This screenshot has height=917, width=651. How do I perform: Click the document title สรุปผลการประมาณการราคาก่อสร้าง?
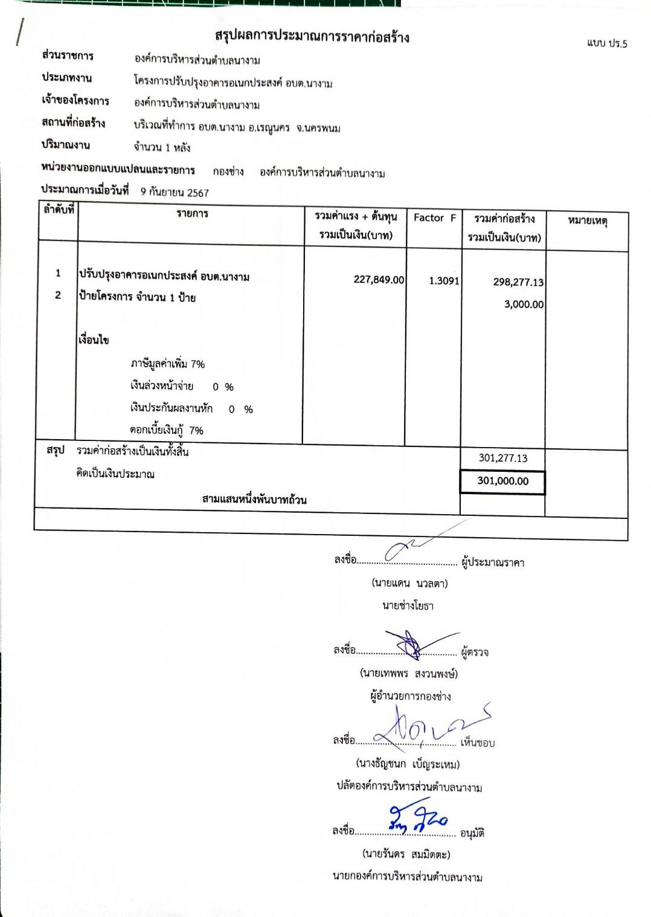click(312, 37)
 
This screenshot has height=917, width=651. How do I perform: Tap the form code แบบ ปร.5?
click(606, 43)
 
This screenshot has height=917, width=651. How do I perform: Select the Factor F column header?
click(434, 218)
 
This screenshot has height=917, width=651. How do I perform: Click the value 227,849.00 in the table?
click(379, 280)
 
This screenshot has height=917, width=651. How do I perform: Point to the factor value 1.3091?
click(444, 280)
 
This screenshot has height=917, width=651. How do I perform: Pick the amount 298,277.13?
click(518, 282)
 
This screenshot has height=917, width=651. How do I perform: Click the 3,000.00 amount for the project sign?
click(524, 304)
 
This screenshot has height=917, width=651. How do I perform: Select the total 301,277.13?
click(502, 458)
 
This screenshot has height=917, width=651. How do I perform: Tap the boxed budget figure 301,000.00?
click(502, 481)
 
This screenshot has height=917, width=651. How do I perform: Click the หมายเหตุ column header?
click(587, 221)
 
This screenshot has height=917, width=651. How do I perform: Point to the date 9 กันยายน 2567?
click(175, 193)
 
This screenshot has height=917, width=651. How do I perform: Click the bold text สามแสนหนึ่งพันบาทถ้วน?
click(254, 500)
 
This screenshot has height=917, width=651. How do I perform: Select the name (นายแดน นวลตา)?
click(409, 584)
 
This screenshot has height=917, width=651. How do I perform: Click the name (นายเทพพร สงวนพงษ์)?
click(408, 673)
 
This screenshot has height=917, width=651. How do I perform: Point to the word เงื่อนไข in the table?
click(94, 340)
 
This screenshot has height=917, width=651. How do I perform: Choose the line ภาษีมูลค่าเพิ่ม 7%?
click(167, 364)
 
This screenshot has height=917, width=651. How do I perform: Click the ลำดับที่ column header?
click(58, 210)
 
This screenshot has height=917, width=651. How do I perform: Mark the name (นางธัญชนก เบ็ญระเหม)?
click(408, 764)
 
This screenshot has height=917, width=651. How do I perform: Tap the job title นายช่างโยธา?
click(408, 605)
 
